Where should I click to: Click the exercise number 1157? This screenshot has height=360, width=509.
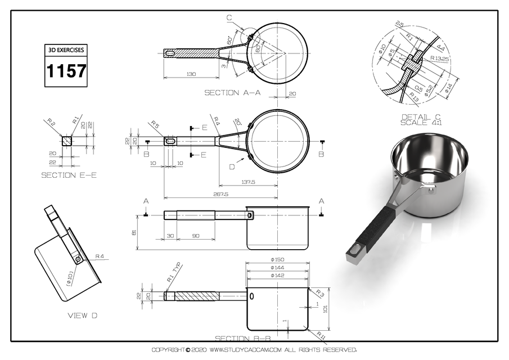pyautogui.click(x=66, y=71)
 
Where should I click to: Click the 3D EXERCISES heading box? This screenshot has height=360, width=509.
pyautogui.click(x=66, y=49)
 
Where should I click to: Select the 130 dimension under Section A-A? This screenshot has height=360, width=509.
pyautogui.click(x=191, y=74)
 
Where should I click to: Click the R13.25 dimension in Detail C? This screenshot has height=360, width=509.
pyautogui.click(x=439, y=58)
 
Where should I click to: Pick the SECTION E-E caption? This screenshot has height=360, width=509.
pyautogui.click(x=69, y=175)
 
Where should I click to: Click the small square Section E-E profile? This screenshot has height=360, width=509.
pyautogui.click(x=66, y=141)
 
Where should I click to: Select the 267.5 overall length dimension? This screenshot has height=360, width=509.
pyautogui.click(x=220, y=194)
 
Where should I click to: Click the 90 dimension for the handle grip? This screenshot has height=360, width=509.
pyautogui.click(x=195, y=236)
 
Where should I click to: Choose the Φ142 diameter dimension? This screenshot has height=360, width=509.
pyautogui.click(x=278, y=276)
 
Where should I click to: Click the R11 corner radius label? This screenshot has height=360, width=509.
pyautogui.click(x=321, y=336)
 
